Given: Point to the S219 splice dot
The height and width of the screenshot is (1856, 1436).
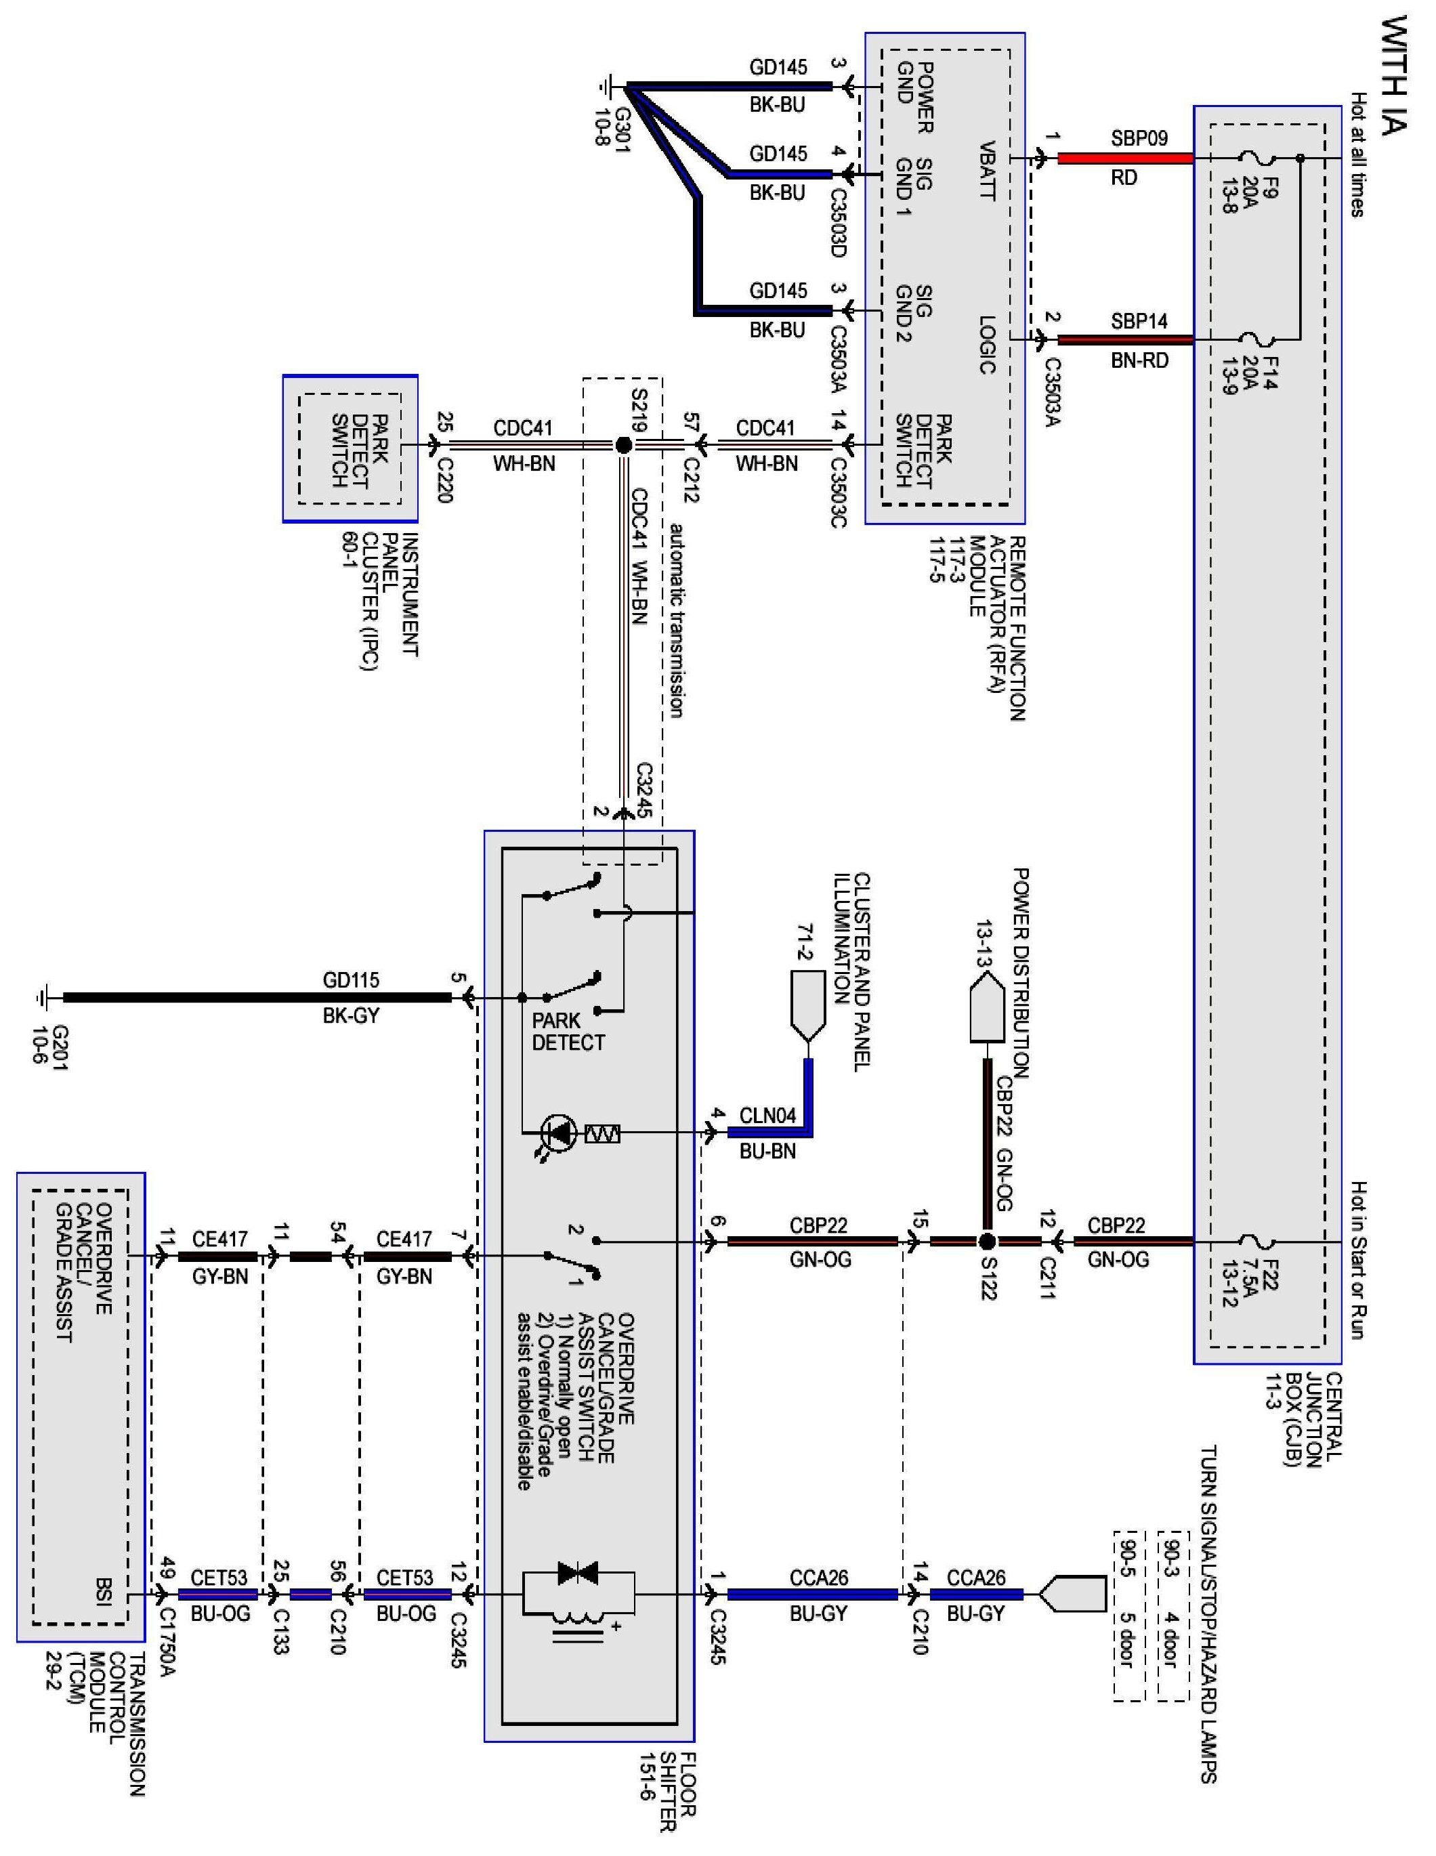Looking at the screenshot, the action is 623,444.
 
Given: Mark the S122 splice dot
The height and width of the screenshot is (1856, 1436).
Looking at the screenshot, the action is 986,1242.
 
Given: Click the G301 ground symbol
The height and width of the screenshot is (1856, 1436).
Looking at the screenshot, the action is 608,86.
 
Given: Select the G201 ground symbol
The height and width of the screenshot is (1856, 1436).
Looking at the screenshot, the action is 43,998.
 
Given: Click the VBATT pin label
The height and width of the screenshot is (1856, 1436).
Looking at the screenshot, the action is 986,171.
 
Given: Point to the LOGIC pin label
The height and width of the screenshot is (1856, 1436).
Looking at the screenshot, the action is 986,345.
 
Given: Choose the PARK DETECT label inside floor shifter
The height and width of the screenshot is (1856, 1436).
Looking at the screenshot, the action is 568,1032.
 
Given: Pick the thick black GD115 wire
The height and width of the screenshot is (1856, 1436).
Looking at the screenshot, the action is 257,998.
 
